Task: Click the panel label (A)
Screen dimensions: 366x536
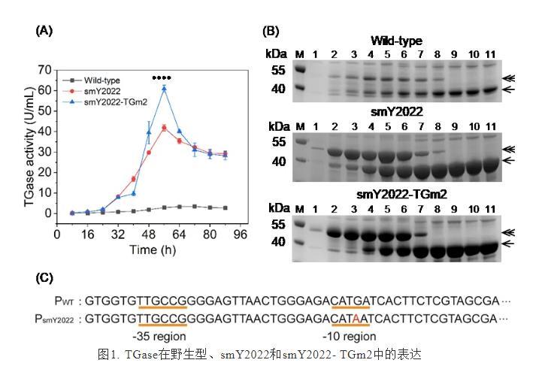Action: (44, 31)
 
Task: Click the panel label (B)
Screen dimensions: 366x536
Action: (271, 32)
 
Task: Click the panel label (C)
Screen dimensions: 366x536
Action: (44, 278)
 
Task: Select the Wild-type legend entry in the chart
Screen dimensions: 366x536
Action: (102, 80)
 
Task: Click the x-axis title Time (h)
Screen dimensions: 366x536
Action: (149, 247)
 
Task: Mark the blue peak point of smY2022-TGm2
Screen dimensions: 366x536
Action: (163, 88)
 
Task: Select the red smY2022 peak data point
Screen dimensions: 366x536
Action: (163, 128)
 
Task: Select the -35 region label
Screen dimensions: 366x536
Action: (156, 337)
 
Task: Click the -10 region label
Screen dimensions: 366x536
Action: (349, 337)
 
